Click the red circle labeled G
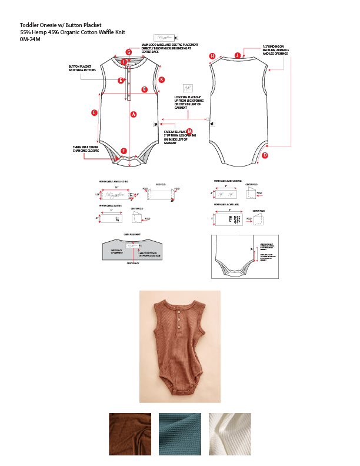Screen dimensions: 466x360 click(129, 52)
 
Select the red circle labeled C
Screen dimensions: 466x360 click(94, 112)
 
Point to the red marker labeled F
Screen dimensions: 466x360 click(124, 151)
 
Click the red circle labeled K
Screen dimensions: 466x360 click(162, 79)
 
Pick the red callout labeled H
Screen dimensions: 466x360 click(212, 56)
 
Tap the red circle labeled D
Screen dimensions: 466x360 click(265, 155)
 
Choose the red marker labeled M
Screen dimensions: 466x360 click(189, 131)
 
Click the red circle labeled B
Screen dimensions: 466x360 click(144, 89)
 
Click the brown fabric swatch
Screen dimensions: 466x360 click(130, 434)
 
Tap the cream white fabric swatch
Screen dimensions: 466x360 click(230, 434)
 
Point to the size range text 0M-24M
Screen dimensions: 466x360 click(32, 39)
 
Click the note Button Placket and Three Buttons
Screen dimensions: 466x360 click(83, 68)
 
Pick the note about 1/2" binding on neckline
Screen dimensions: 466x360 click(274, 49)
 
